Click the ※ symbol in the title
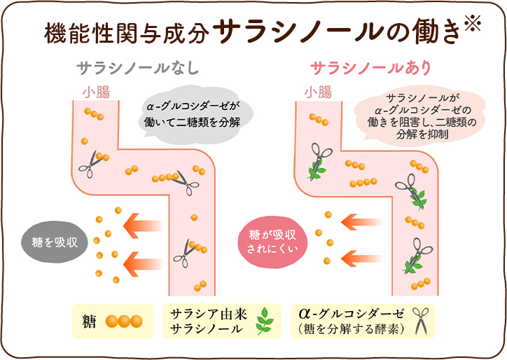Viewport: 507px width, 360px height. (x=473, y=22)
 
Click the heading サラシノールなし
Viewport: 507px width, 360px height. (x=137, y=68)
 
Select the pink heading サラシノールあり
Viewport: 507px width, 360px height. (x=371, y=68)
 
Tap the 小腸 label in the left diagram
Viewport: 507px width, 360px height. (x=96, y=92)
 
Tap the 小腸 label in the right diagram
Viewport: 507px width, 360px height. (x=318, y=92)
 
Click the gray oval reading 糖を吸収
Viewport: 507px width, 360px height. (x=55, y=242)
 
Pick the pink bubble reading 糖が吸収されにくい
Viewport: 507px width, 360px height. (x=272, y=242)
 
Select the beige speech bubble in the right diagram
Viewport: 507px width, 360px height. (x=420, y=116)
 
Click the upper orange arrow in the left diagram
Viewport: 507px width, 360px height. (x=143, y=226)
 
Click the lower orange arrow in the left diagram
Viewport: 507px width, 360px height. (x=143, y=264)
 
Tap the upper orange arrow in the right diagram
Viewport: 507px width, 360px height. (x=361, y=222)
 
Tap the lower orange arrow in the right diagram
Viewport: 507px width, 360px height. (x=361, y=258)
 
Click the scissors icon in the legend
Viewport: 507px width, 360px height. (x=421, y=321)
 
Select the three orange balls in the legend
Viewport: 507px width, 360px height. (x=124, y=321)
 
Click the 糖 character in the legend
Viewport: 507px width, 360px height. (x=89, y=321)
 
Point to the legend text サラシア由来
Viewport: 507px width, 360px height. (x=208, y=314)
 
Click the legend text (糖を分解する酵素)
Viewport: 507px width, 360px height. (x=352, y=328)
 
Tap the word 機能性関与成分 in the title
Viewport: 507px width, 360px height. (x=126, y=34)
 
